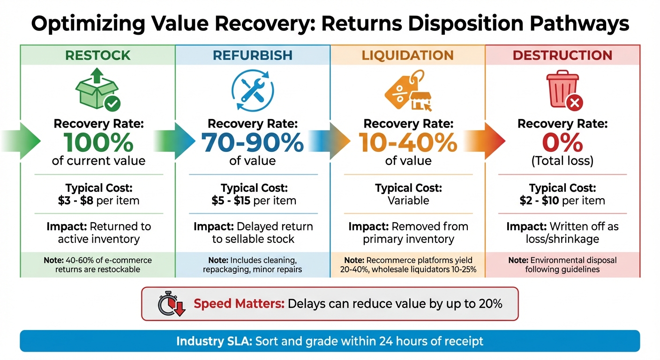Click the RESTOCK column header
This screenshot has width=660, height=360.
97,55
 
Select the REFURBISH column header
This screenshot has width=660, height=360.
253,55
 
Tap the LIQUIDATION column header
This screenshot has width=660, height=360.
407,55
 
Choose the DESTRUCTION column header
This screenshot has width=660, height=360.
562,55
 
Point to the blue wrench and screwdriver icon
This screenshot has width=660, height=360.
253,90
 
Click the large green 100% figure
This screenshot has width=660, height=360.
98,142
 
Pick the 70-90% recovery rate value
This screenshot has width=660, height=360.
253,142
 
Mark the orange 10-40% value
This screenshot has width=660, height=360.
407,142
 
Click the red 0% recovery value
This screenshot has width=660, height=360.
562,142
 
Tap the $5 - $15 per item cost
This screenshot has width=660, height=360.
254,201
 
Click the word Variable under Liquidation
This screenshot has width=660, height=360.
408,201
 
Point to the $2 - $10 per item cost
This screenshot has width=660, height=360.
562,201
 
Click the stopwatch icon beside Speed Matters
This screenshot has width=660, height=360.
171,304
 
